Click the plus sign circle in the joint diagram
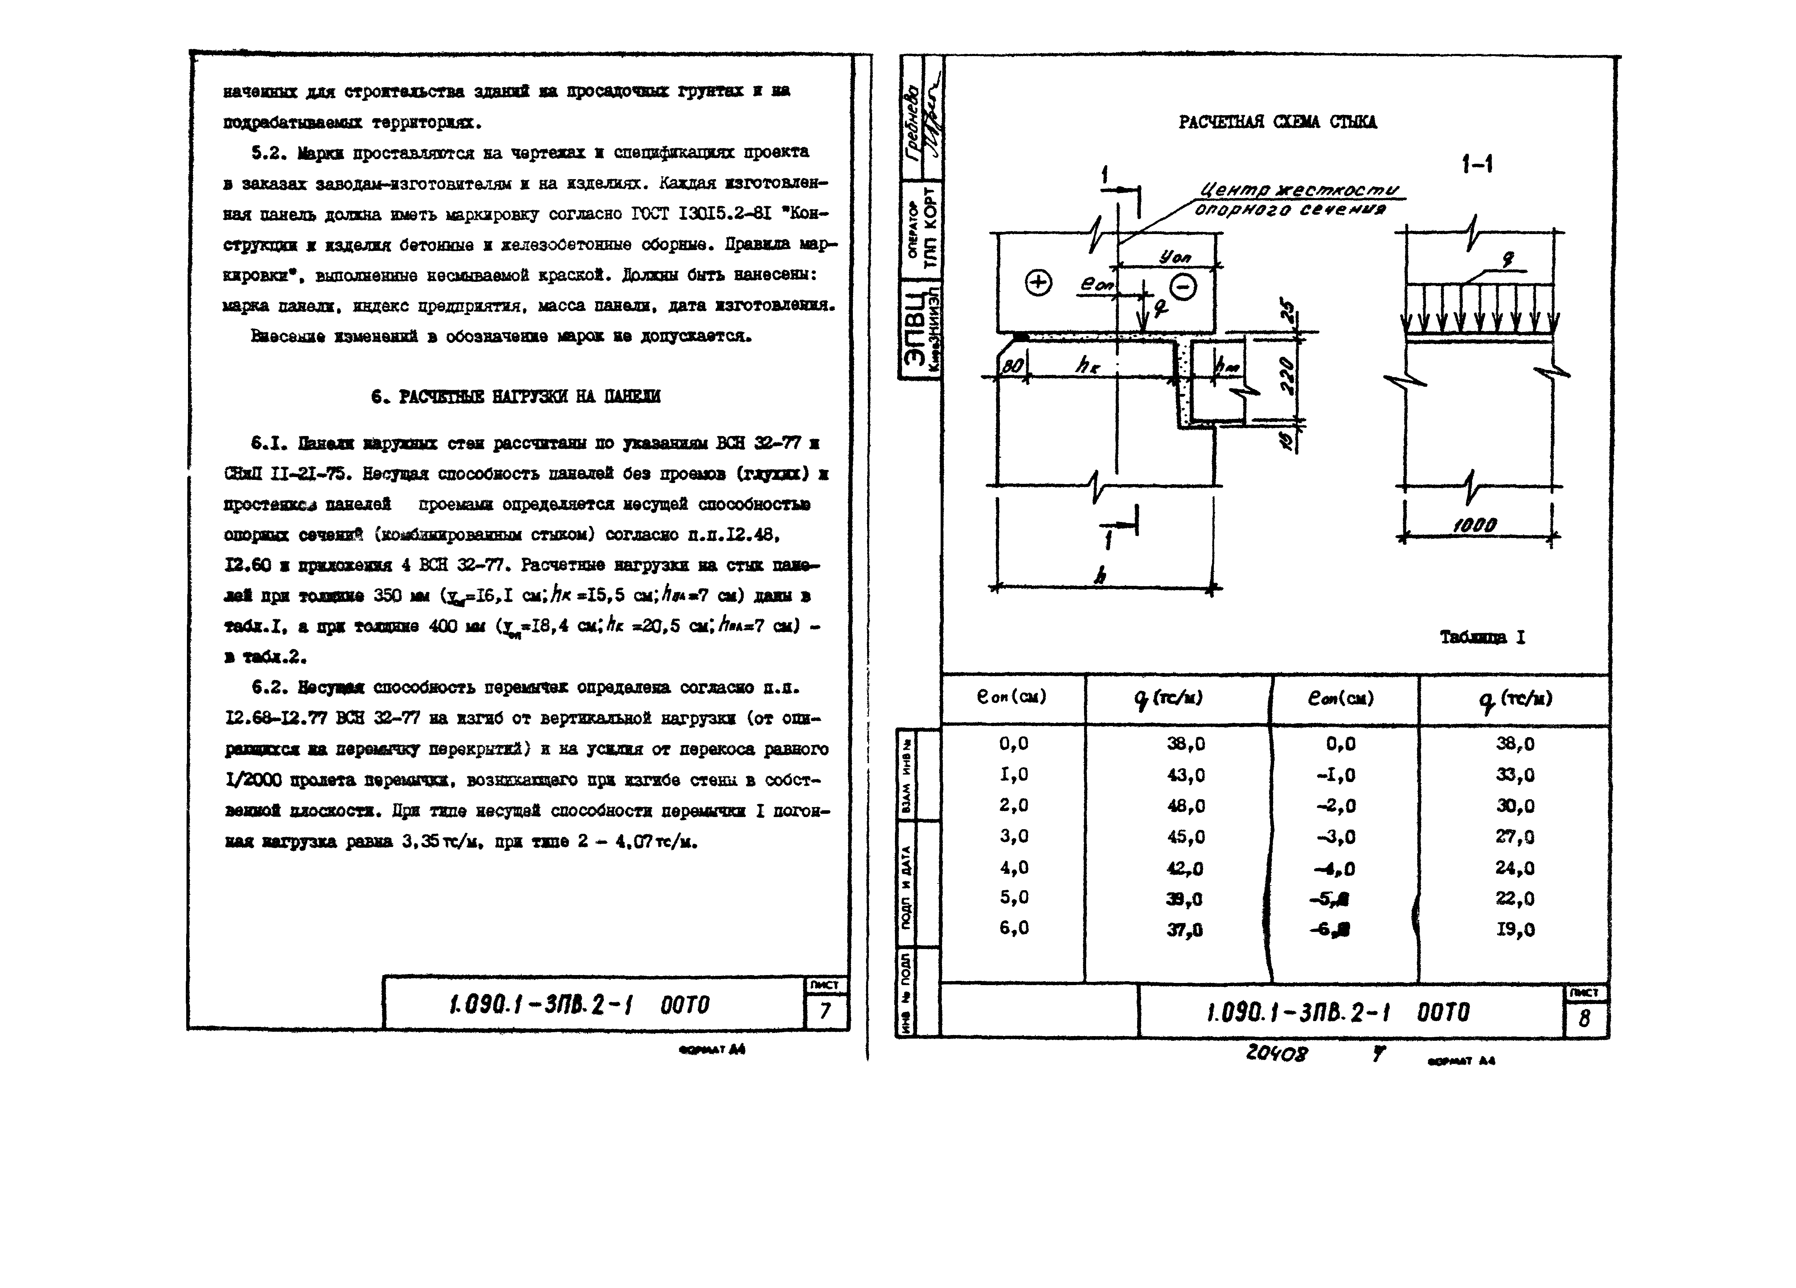pos(1038,283)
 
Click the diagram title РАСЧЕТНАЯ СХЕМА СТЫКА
pos(1277,122)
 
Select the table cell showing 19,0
pos(1514,929)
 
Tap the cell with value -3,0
pos(1336,837)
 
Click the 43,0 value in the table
pos(1185,775)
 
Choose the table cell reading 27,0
pos(1514,837)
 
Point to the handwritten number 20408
pos(1277,1054)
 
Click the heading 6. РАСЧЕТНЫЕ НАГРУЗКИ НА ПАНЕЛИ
pos(515,396)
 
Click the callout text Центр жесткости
pos(1299,190)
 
